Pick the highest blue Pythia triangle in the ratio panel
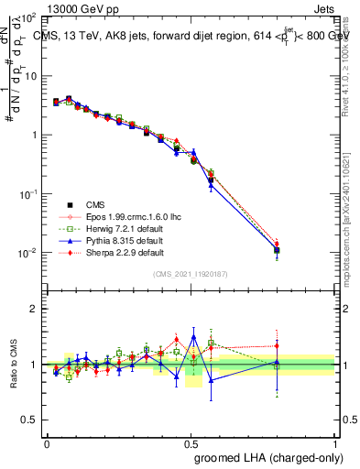point(193,336)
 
